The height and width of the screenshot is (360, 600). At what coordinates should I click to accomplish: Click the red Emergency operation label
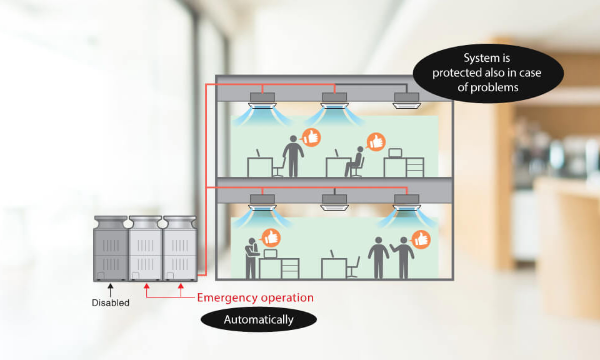[255, 297]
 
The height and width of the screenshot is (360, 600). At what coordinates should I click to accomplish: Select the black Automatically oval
[259, 319]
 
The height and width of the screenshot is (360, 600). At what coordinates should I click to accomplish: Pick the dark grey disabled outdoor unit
[111, 249]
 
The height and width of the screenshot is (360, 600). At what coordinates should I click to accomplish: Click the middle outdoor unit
[146, 249]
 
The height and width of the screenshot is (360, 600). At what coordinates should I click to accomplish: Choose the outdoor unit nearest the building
[180, 249]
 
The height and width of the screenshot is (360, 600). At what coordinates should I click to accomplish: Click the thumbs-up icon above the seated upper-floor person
[375, 142]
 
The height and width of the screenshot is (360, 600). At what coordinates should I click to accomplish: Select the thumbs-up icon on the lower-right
[421, 239]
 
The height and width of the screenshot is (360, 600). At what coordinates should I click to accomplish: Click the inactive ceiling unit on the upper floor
[407, 99]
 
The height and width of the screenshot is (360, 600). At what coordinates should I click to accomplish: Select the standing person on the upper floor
[292, 155]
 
